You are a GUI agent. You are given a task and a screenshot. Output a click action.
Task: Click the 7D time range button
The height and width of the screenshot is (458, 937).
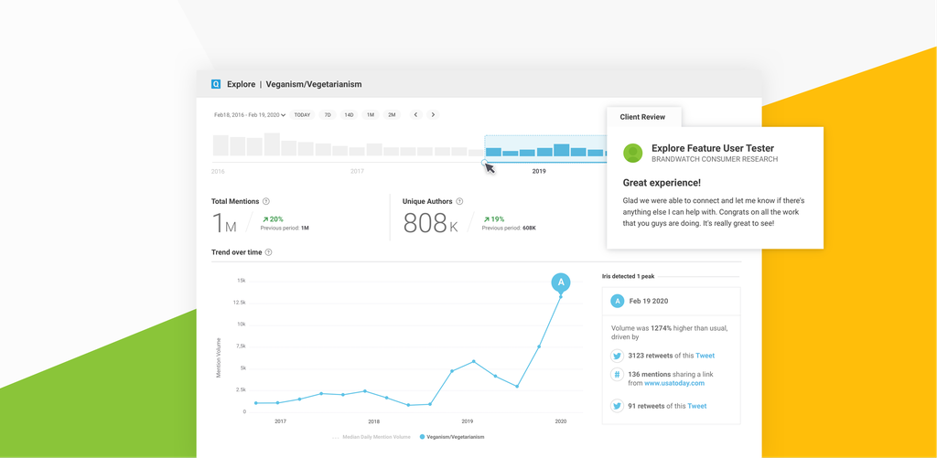tap(328, 115)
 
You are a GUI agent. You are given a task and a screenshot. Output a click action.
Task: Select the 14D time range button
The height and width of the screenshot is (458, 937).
tap(349, 115)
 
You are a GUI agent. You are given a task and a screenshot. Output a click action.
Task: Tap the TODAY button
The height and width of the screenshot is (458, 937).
tap(302, 115)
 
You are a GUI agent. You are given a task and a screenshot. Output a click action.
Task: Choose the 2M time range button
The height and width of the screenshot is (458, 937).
tap(392, 115)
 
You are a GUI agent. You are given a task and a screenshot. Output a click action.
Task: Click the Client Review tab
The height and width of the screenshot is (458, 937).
tap(642, 117)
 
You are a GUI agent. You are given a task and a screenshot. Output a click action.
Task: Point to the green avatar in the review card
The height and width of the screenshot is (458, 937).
tap(632, 153)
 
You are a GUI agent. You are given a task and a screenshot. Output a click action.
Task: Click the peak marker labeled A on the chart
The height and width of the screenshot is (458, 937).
tap(561, 282)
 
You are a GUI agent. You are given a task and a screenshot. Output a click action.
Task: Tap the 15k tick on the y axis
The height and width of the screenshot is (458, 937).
tap(241, 281)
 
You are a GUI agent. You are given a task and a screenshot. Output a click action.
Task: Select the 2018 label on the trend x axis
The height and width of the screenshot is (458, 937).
tap(373, 421)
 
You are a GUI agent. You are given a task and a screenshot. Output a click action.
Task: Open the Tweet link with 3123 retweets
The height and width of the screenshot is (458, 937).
tap(705, 356)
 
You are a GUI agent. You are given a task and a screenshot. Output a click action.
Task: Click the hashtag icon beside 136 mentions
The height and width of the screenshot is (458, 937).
tap(618, 375)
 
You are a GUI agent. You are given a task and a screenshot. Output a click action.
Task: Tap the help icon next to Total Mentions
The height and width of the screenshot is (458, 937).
tap(266, 201)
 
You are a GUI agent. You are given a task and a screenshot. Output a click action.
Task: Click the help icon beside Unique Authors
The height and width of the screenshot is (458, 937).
tap(459, 201)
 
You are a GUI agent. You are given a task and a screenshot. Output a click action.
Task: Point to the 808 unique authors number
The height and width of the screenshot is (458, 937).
tap(425, 223)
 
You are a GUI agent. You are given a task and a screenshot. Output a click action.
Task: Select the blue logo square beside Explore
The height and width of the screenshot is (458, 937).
tap(216, 84)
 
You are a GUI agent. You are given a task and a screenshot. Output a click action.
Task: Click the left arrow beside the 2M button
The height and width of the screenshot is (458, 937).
tap(415, 115)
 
